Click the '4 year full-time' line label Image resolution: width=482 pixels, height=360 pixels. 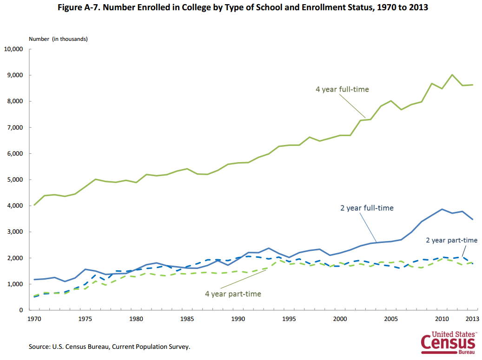pyautogui.click(x=342, y=89)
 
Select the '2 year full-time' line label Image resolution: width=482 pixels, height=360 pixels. pyautogui.click(x=367, y=208)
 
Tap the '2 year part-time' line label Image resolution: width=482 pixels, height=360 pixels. pyautogui.click(x=452, y=240)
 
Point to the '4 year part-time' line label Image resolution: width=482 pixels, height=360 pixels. pyautogui.click(x=233, y=294)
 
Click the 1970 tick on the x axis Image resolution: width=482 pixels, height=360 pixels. pyautogui.click(x=34, y=319)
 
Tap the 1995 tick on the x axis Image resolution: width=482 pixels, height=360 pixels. pyautogui.click(x=289, y=319)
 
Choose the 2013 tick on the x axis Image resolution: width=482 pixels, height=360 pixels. pyautogui.click(x=473, y=319)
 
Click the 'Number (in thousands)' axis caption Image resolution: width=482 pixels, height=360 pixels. pyautogui.click(x=58, y=39)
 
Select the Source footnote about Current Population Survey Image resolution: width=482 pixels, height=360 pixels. pyautogui.click(x=109, y=347)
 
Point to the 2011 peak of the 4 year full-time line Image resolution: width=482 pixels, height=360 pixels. pyautogui.click(x=452, y=74)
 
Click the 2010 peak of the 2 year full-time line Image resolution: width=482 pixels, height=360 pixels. pyautogui.click(x=442, y=209)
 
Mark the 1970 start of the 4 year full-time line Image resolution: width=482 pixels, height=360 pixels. pyautogui.click(x=34, y=204)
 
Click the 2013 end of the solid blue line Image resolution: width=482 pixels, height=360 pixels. pyautogui.click(x=473, y=219)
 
